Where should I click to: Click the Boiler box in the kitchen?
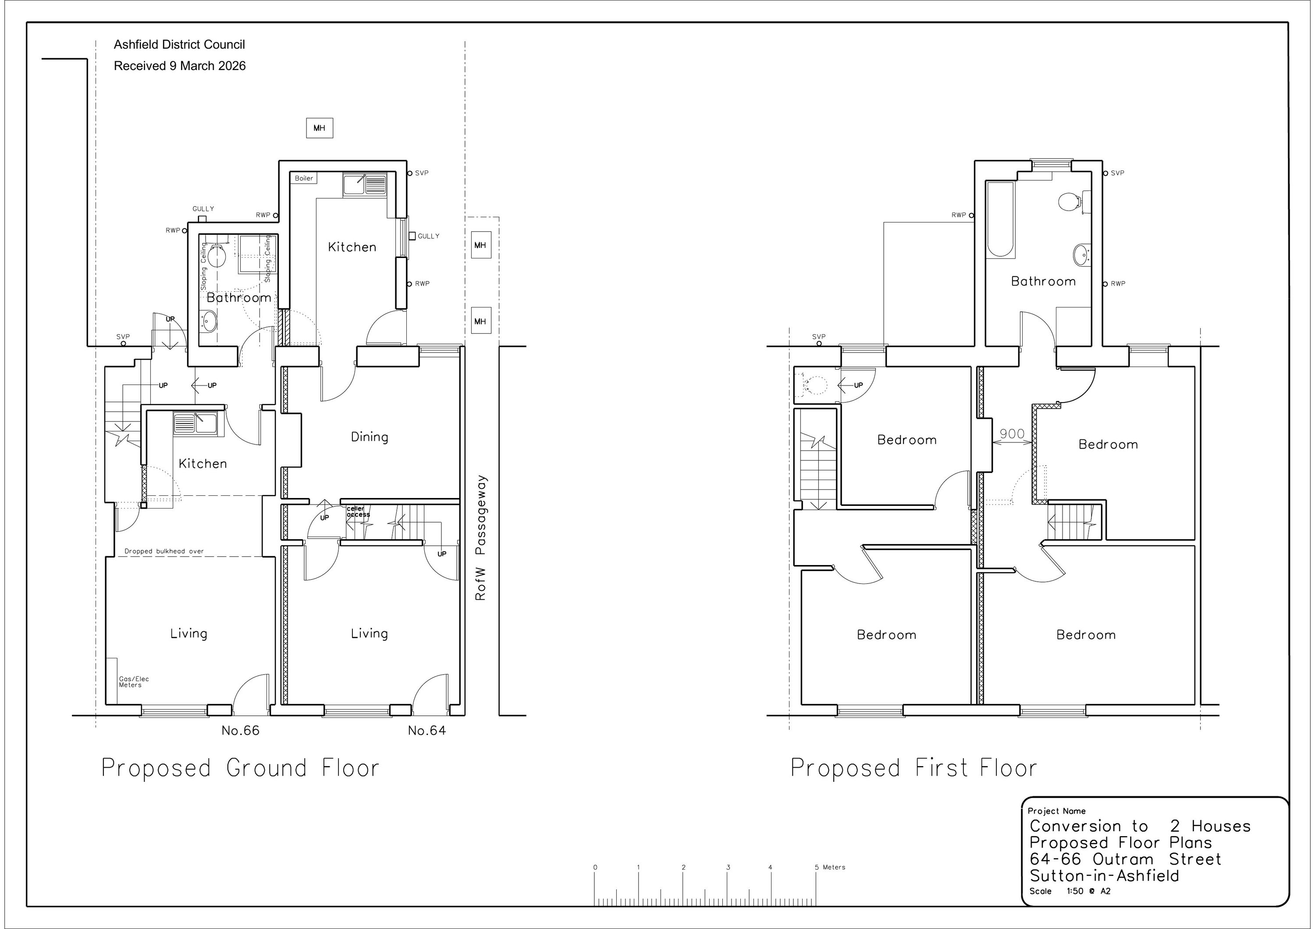tap(304, 178)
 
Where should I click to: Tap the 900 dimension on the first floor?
tap(1012, 434)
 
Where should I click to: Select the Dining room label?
tap(370, 437)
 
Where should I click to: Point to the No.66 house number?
tap(241, 731)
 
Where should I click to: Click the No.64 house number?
tap(426, 731)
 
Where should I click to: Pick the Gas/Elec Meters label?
tap(134, 682)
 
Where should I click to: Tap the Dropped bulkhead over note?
tap(164, 551)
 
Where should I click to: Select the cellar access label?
tap(358, 512)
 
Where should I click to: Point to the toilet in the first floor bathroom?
tap(1070, 202)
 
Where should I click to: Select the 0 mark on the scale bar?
tap(595, 867)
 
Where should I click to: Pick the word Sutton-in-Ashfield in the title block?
tap(1104, 876)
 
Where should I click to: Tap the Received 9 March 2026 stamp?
tap(180, 66)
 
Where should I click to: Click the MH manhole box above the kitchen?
tap(320, 128)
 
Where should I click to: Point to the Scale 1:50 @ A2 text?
tap(1070, 891)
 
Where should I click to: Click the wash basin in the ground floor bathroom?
tap(209, 321)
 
